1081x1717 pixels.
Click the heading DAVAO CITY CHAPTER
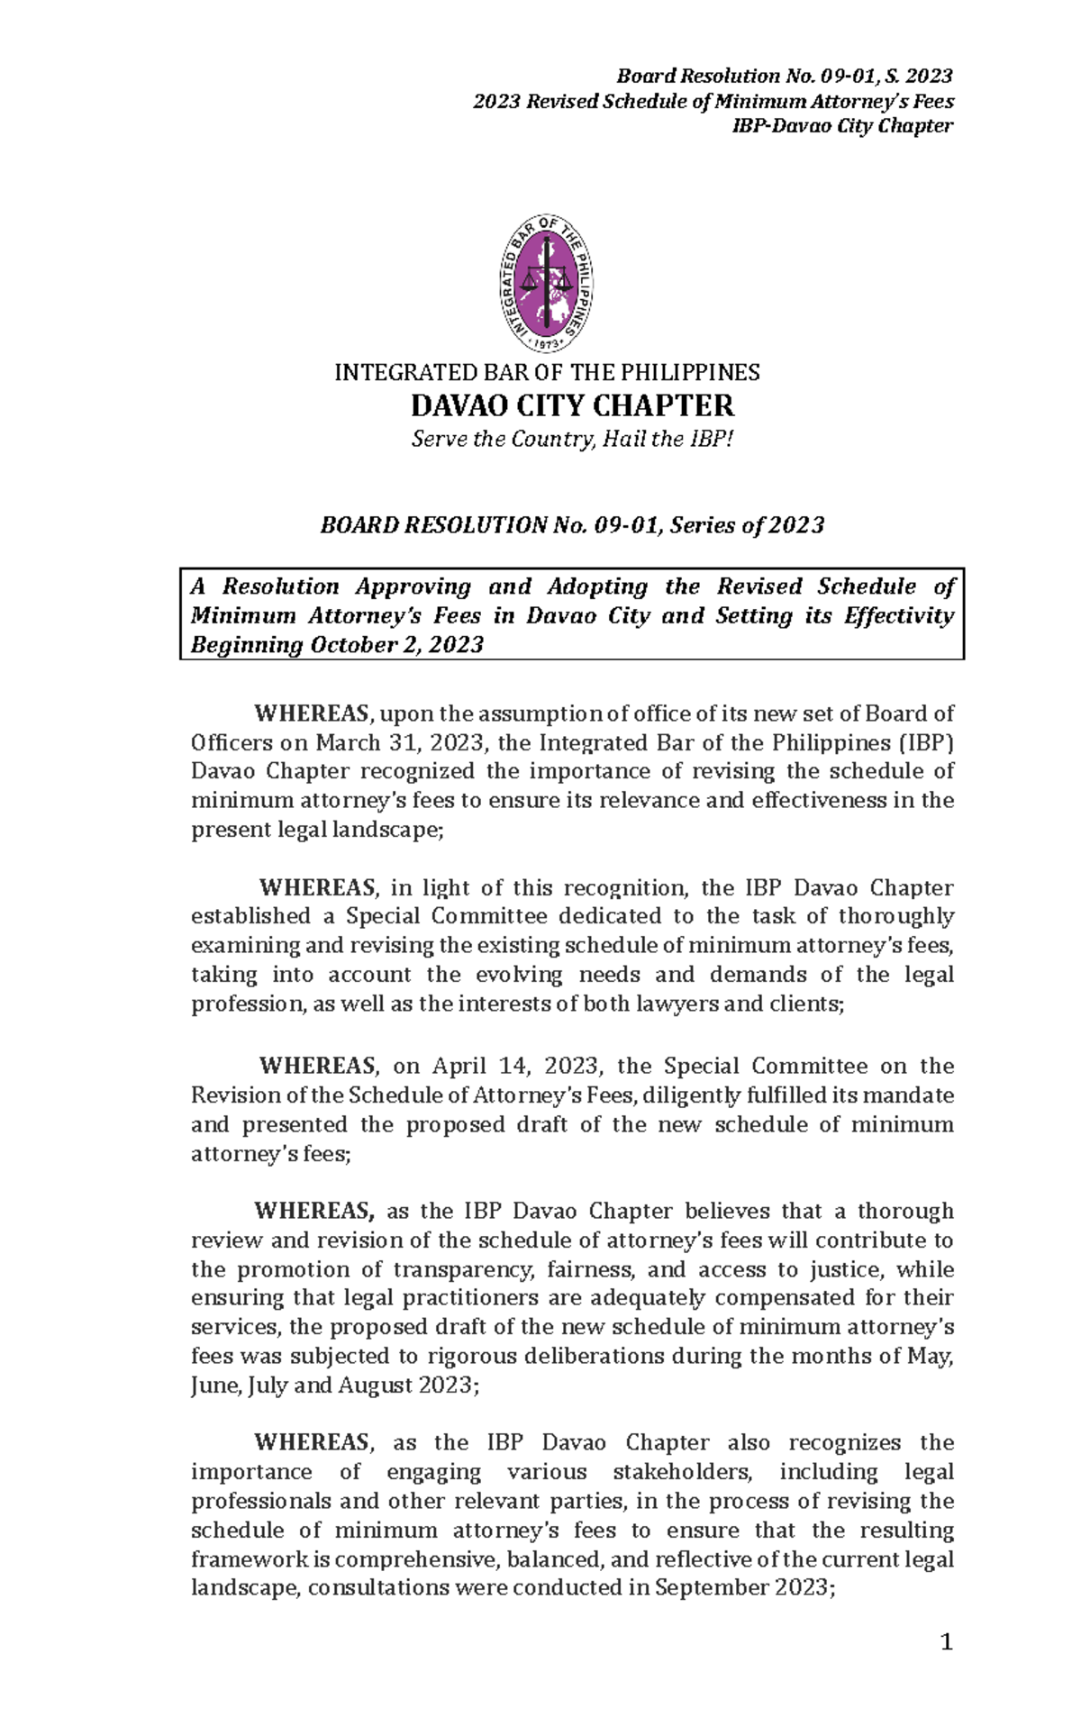coord(572,406)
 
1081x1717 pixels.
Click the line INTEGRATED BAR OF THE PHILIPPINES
coord(547,372)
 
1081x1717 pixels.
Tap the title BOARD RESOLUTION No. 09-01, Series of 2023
coord(572,526)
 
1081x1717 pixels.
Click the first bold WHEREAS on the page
coord(312,714)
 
